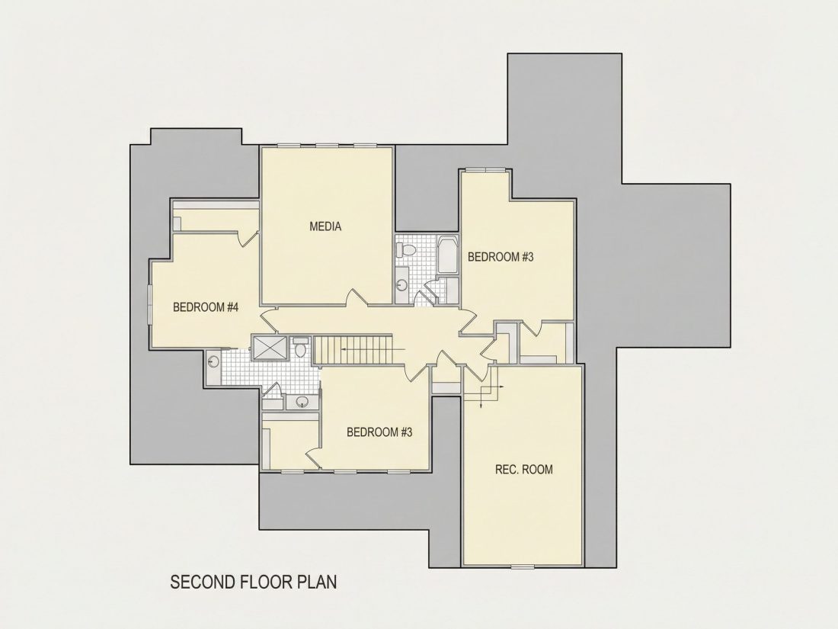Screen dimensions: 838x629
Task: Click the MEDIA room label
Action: (x=325, y=226)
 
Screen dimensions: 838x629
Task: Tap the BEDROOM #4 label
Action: (x=205, y=307)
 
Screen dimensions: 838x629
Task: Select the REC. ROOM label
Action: (x=524, y=470)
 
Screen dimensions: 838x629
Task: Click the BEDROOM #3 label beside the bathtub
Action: (x=501, y=257)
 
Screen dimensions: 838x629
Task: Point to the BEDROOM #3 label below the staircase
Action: (x=379, y=432)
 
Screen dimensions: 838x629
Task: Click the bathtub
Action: (x=447, y=255)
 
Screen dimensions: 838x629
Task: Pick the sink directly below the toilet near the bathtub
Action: (x=402, y=284)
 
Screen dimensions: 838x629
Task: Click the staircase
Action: (x=353, y=350)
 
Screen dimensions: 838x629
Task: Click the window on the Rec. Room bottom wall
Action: (x=522, y=566)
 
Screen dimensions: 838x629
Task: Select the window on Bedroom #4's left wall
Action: (x=150, y=303)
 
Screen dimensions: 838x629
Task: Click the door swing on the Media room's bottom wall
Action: (x=357, y=297)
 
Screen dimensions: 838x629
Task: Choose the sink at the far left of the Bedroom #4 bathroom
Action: (x=214, y=361)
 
